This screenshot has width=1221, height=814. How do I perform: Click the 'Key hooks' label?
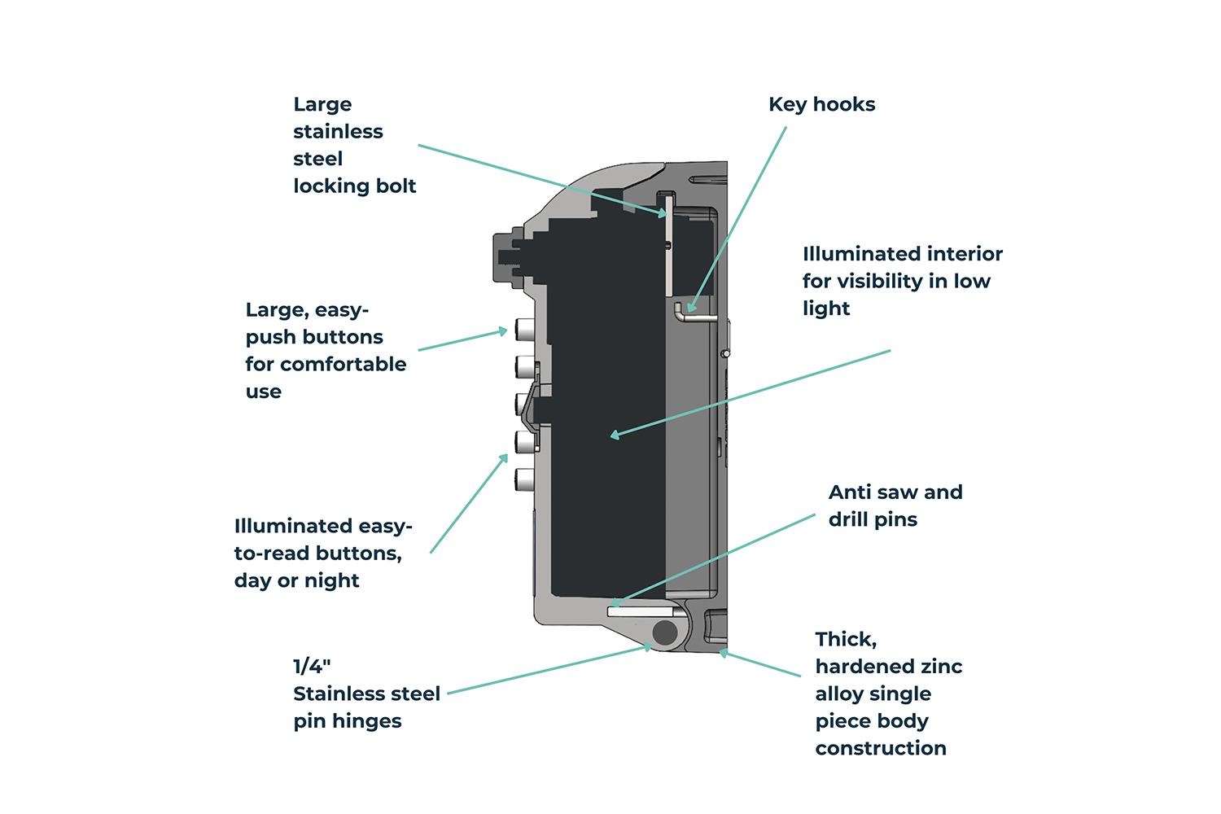pos(821,104)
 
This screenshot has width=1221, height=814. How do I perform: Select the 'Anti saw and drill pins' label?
pos(895,505)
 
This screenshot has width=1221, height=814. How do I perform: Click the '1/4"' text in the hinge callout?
pos(312,667)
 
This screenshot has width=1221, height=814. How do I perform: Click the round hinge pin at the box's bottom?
pos(666,632)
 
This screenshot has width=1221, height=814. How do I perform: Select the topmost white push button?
pos(523,330)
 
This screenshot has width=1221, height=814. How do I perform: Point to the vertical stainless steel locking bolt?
pos(667,244)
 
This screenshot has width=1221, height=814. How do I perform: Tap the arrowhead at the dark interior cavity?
pos(615,436)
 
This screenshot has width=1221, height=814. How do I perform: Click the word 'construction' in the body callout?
pos(880,748)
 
